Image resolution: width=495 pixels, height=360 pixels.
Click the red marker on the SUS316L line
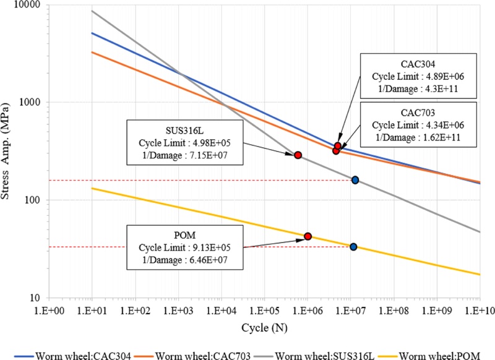298,155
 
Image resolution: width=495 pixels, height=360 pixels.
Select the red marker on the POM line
308,236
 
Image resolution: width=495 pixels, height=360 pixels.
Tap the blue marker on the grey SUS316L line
355,180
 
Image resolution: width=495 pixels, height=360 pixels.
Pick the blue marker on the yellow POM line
353,247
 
